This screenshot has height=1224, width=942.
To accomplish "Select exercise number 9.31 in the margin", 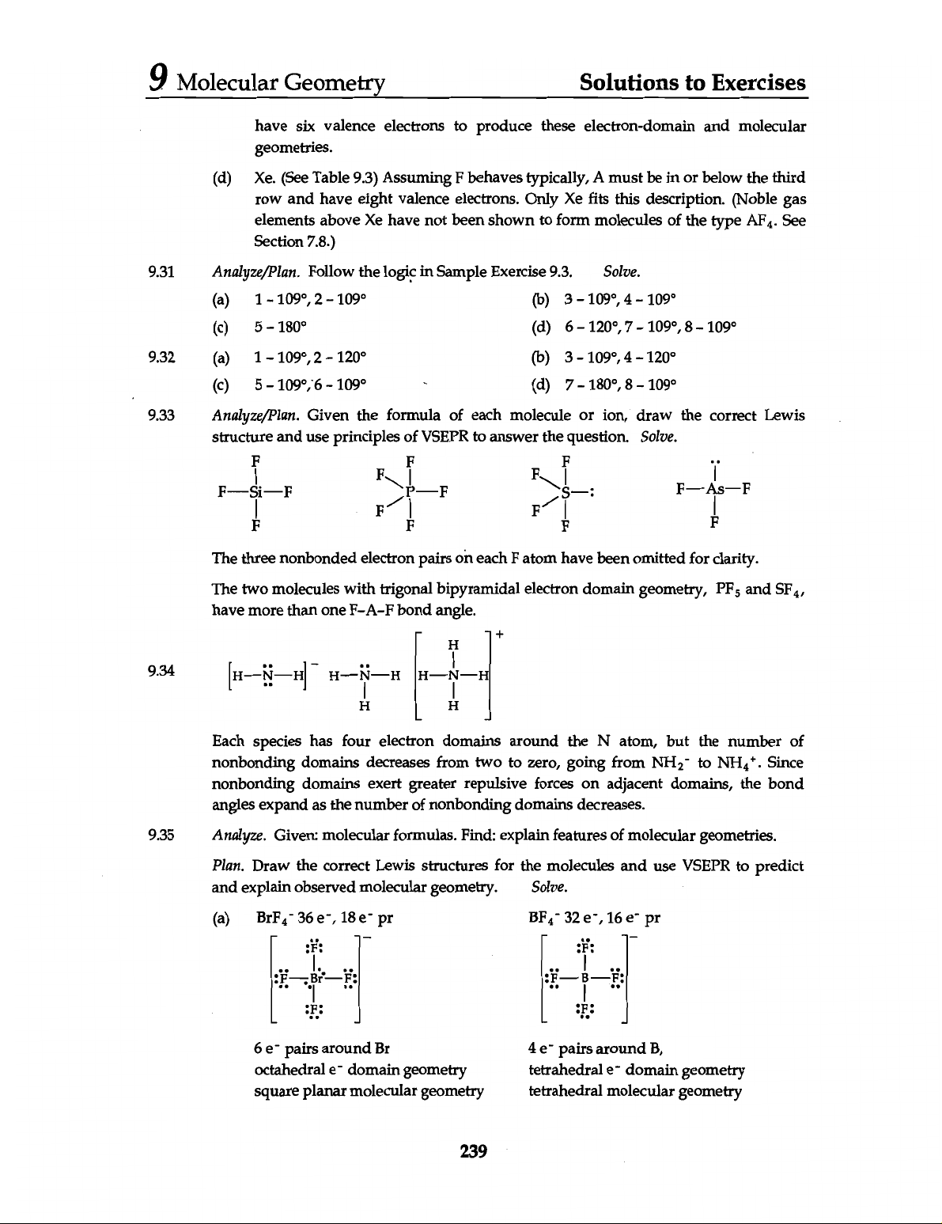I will click(x=161, y=273).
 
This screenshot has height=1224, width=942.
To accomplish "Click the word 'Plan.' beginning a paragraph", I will click(x=229, y=866).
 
